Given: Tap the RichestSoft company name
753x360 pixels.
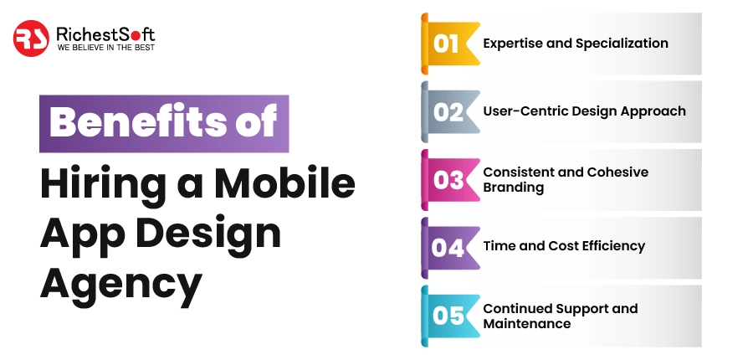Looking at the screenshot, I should (x=105, y=33).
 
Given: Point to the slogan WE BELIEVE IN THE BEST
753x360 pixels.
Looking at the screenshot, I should (x=105, y=49).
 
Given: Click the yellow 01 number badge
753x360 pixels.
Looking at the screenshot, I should (x=448, y=44).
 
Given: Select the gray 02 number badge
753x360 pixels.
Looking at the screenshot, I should (x=448, y=111).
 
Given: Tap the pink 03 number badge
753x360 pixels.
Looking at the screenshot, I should (x=448, y=179).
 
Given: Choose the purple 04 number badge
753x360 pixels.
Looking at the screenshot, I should (x=448, y=247).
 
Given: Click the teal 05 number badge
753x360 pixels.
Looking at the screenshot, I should (x=448, y=316).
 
